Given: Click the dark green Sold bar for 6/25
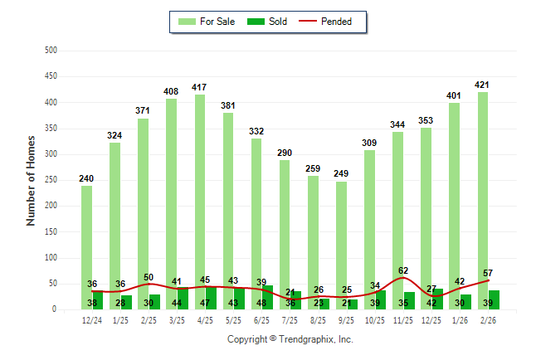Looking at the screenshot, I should [x=267, y=298].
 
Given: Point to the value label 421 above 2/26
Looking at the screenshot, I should [x=483, y=85].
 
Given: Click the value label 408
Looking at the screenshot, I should [x=171, y=91].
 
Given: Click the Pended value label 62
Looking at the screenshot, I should [x=403, y=270].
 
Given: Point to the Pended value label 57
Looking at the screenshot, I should [x=488, y=273].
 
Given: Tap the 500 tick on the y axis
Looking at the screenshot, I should [x=51, y=51].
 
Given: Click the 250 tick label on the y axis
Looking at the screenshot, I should [x=51, y=180].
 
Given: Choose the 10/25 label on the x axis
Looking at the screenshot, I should [x=375, y=319].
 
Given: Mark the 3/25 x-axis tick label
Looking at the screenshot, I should [x=177, y=319].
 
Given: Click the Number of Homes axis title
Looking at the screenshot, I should [x=31, y=180].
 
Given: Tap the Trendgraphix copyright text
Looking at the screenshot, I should [x=290, y=339].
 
